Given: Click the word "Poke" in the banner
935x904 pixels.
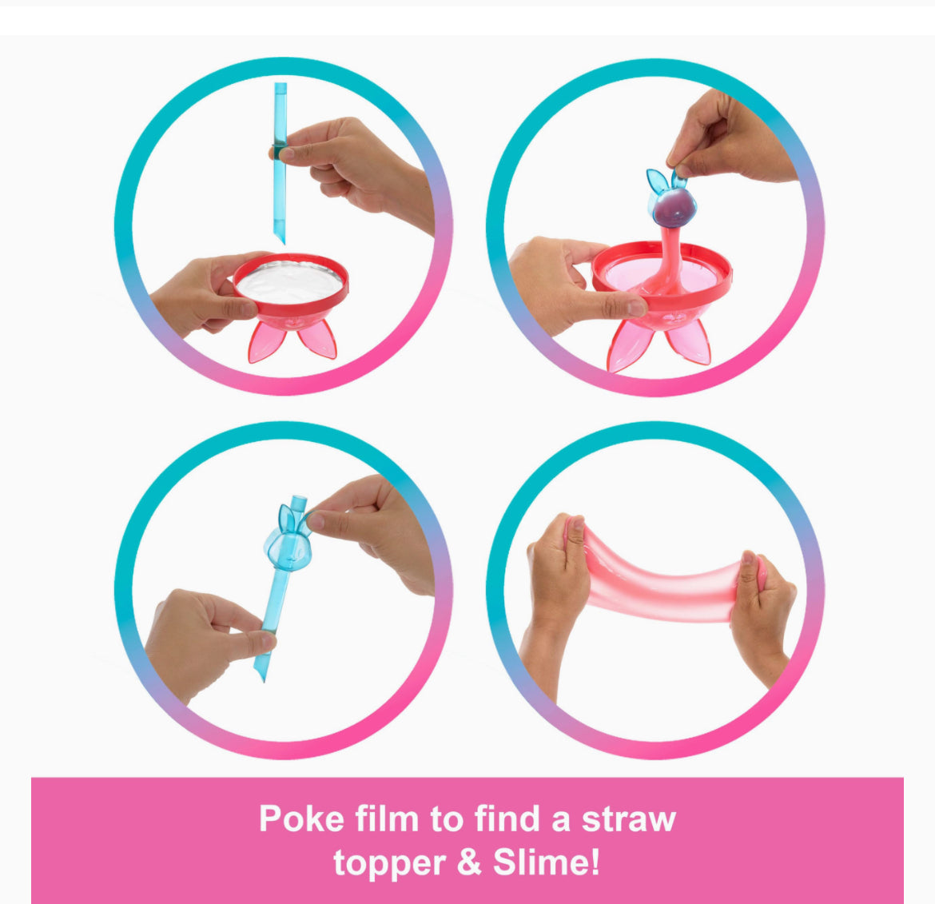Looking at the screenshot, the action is click(302, 818).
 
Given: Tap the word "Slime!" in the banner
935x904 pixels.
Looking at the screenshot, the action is click(546, 862).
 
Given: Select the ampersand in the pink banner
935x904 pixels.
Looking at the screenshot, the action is click(468, 863).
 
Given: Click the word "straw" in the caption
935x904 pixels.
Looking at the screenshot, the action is click(628, 818).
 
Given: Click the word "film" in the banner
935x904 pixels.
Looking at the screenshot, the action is click(387, 818).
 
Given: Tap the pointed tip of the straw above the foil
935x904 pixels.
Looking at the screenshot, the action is click(283, 243).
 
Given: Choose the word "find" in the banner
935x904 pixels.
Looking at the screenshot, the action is click(507, 818).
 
